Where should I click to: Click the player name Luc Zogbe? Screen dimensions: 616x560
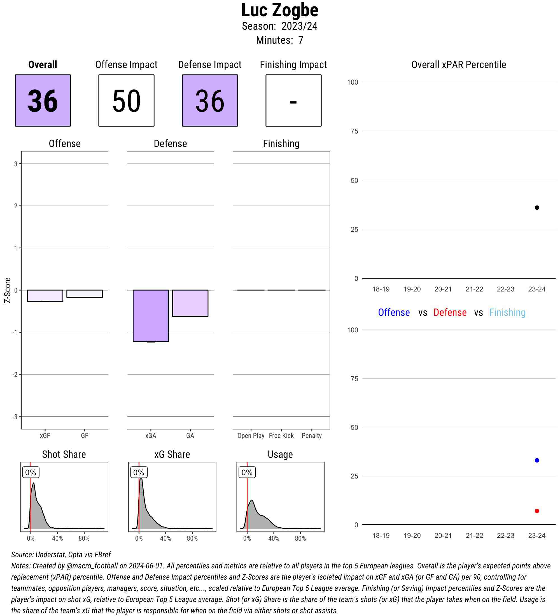click(x=279, y=10)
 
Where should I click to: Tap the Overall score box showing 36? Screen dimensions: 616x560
click(x=43, y=100)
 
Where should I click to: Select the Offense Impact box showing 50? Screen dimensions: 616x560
click(x=126, y=100)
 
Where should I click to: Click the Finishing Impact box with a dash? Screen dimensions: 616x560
click(x=293, y=100)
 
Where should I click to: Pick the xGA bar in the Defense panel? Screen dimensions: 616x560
click(x=151, y=315)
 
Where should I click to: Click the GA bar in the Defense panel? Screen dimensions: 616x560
click(x=190, y=303)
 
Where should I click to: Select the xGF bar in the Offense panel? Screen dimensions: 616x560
click(x=45, y=295)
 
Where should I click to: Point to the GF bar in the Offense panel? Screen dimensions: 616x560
click(x=85, y=293)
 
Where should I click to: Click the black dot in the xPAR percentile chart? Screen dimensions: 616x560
click(x=537, y=208)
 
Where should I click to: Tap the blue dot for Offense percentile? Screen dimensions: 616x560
click(x=537, y=460)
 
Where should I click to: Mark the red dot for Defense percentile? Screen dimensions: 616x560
click(x=537, y=511)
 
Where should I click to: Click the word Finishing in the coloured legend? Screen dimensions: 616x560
click(x=507, y=312)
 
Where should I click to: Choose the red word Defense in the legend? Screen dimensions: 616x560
click(x=450, y=312)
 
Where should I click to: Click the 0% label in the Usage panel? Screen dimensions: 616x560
click(x=247, y=472)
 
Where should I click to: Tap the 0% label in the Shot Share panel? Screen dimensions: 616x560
click(x=31, y=472)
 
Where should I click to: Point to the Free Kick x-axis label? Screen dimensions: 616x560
click(x=281, y=435)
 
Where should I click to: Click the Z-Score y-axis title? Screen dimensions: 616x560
click(x=7, y=290)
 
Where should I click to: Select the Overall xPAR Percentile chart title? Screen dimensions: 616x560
click(x=459, y=64)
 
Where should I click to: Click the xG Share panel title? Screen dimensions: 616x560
click(x=172, y=454)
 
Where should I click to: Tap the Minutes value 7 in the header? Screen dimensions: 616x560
click(x=301, y=40)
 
